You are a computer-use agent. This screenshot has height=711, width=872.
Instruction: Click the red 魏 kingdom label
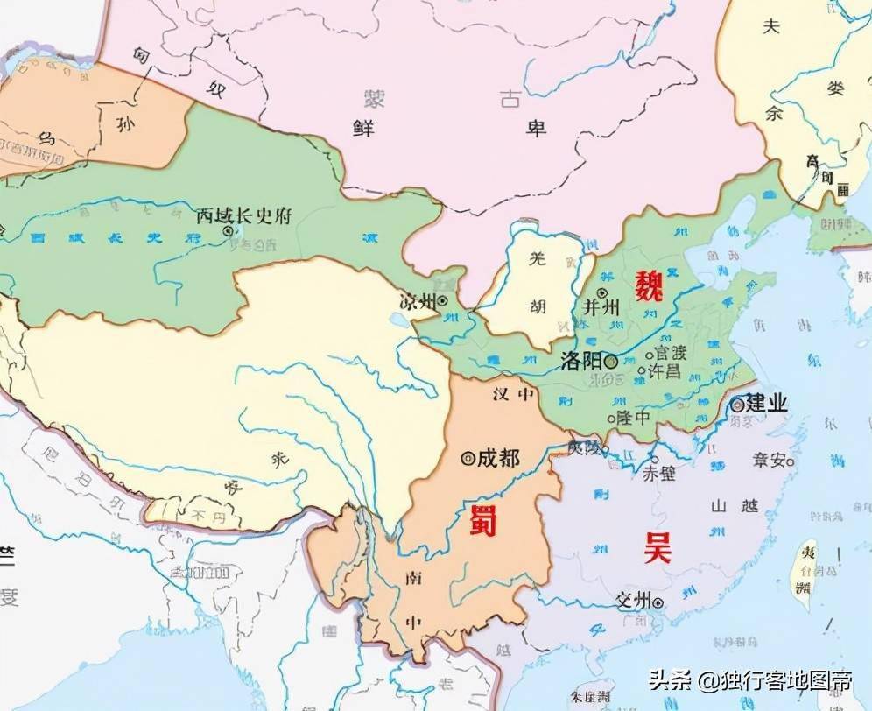click(x=649, y=285)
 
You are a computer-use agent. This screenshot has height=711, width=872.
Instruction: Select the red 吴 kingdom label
click(x=657, y=549)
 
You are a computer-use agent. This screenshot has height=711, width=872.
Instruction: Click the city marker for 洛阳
click(x=610, y=361)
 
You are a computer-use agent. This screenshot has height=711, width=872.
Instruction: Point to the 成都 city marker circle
click(x=468, y=457)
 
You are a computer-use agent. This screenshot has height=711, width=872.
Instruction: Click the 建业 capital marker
click(x=737, y=405)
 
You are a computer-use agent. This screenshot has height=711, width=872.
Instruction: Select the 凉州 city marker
click(x=443, y=300)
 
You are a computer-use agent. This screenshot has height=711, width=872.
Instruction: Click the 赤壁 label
click(x=659, y=474)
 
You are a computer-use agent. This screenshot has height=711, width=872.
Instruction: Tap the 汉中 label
click(x=513, y=395)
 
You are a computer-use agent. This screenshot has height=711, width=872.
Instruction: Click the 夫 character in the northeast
click(x=770, y=26)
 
